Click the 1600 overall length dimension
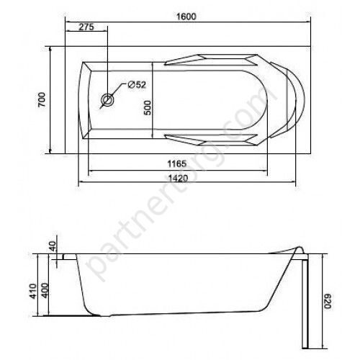pyautogui.click(x=186, y=17)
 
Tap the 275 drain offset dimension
pyautogui.click(x=86, y=27)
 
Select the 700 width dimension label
pyautogui.click(x=42, y=99)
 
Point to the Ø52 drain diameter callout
pyautogui.click(x=137, y=84)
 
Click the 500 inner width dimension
pyautogui.click(x=148, y=108)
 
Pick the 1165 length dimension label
pyautogui.click(x=177, y=163)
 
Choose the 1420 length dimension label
pyautogui.click(x=178, y=178)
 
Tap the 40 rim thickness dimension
pyautogui.click(x=53, y=246)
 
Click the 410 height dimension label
pyautogui.click(x=33, y=291)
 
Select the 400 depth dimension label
pyautogui.click(x=45, y=291)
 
